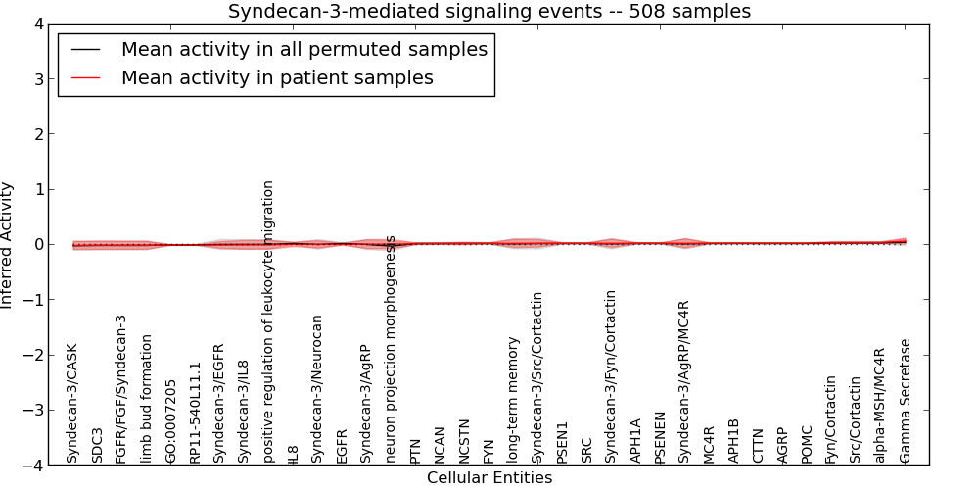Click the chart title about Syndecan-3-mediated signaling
[x=489, y=12]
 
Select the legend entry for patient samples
[x=277, y=77]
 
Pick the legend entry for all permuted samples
[x=303, y=49]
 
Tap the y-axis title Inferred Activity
[x=8, y=245]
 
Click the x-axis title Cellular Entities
[x=489, y=478]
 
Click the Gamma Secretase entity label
[x=906, y=401]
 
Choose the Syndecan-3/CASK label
[x=72, y=403]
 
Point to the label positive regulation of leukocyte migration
[x=268, y=321]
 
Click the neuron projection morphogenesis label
[x=391, y=349]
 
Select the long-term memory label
[x=513, y=400]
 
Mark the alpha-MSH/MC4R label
[x=880, y=405]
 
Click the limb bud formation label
[x=146, y=399]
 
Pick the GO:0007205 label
[x=170, y=420]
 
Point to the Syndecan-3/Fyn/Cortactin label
[x=611, y=376]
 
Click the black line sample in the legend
[x=86, y=49]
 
